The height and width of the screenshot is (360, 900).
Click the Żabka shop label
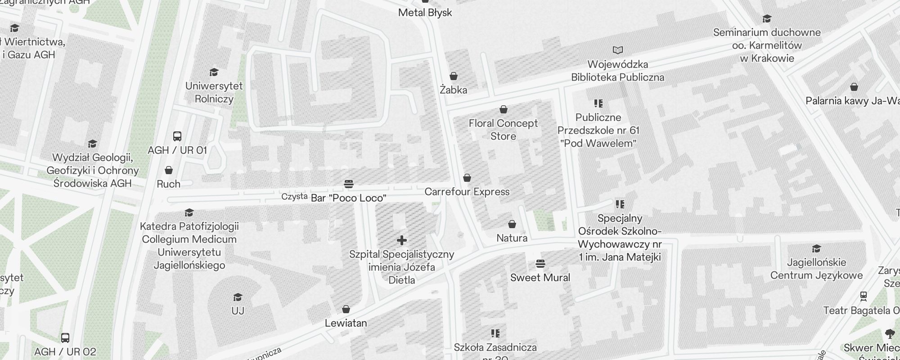tap(453, 90)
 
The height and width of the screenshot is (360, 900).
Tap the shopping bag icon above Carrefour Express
tap(467, 178)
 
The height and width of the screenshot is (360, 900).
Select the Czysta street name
tap(294, 197)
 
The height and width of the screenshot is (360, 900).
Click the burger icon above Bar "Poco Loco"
tap(348, 184)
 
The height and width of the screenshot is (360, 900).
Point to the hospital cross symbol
tap(402, 240)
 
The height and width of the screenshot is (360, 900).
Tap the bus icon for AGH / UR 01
tap(177, 136)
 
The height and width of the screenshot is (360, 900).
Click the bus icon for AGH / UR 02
tap(65, 337)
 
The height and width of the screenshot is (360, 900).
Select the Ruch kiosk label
tap(168, 184)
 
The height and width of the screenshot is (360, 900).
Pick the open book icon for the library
tap(618, 50)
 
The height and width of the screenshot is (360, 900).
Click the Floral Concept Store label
tap(503, 130)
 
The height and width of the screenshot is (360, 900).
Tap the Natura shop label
tap(512, 238)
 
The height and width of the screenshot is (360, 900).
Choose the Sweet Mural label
tap(540, 278)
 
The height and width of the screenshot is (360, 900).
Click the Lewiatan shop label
tap(346, 323)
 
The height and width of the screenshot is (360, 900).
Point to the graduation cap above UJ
tap(238, 297)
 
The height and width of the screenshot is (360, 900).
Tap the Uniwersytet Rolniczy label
tap(214, 92)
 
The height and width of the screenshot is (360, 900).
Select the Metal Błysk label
tap(425, 13)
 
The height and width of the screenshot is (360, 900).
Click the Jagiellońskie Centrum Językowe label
tap(816, 269)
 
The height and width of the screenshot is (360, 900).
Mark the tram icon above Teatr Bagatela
tap(863, 296)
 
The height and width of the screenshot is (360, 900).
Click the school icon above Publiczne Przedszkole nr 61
tap(598, 103)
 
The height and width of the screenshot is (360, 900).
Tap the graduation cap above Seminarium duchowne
tap(767, 18)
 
